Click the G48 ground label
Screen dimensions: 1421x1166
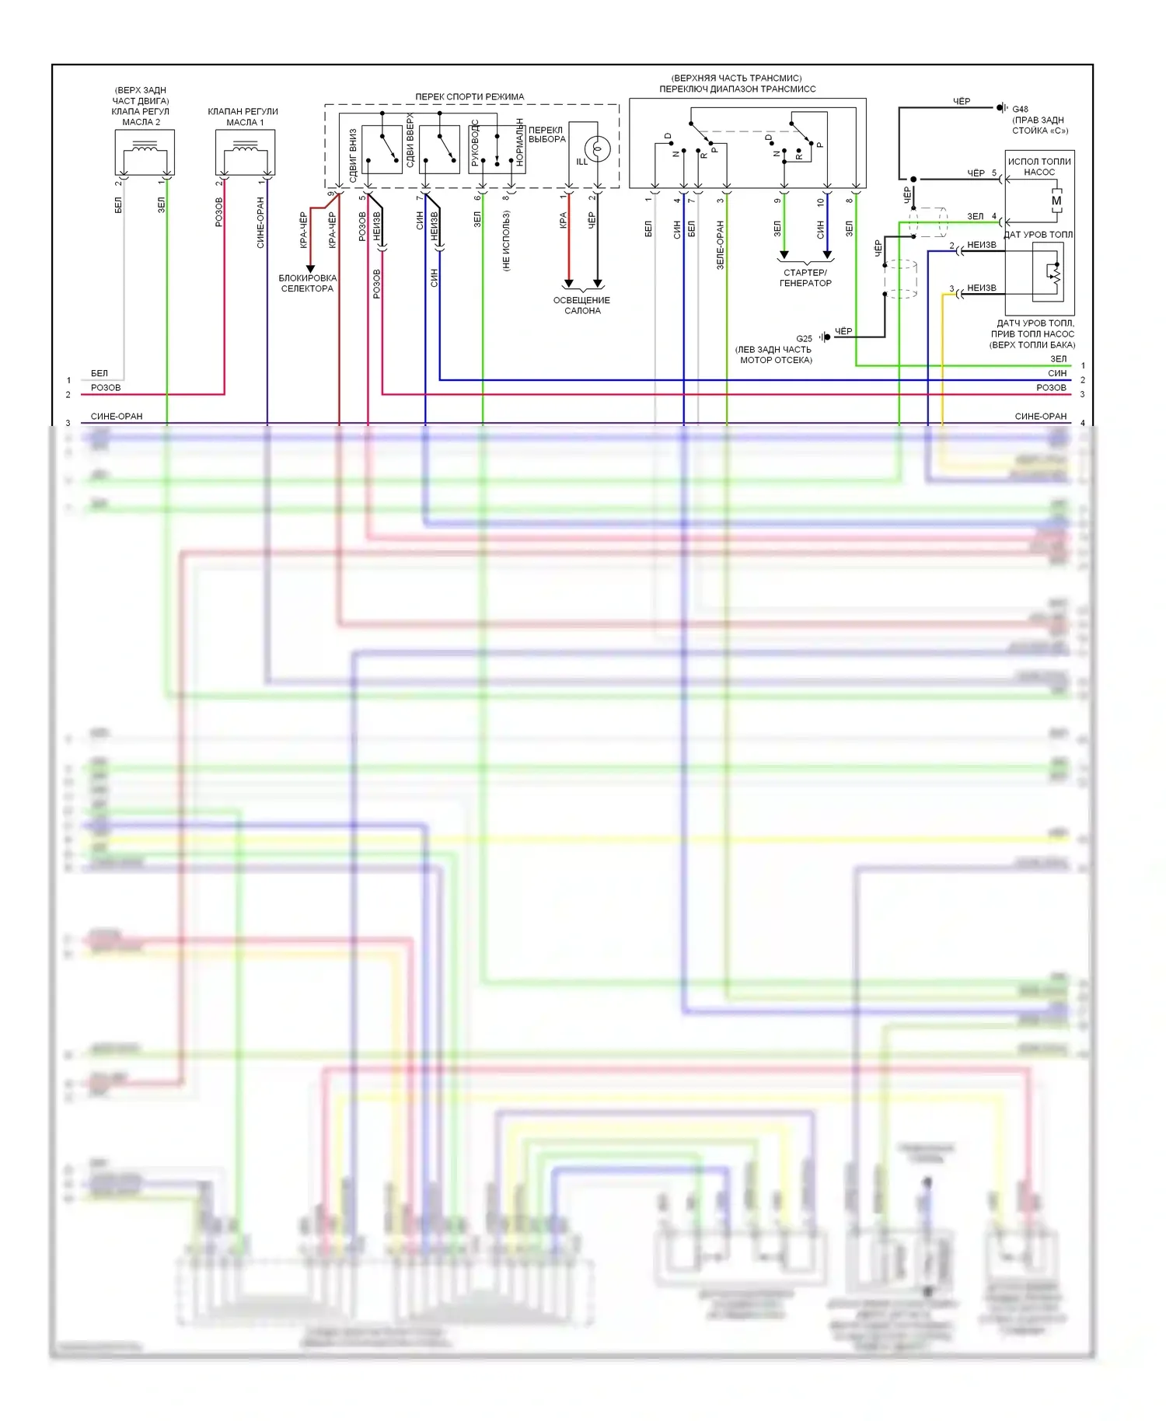pyautogui.click(x=1020, y=109)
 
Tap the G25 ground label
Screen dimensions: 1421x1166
pyautogui.click(x=804, y=338)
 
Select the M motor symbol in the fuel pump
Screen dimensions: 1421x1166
pyautogui.click(x=1056, y=201)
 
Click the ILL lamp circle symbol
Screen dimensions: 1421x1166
pyautogui.click(x=597, y=148)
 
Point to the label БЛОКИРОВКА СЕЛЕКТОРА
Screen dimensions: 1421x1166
pyautogui.click(x=307, y=283)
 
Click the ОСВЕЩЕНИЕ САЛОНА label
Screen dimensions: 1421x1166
pyautogui.click(x=581, y=305)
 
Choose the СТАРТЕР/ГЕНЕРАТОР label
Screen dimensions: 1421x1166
pyautogui.click(x=805, y=278)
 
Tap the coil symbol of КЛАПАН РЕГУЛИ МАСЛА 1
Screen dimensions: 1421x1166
pyautogui.click(x=246, y=146)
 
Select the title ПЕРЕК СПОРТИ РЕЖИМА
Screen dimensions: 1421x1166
pyautogui.click(x=470, y=96)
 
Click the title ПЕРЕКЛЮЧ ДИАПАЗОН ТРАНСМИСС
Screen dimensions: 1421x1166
pyautogui.click(x=737, y=89)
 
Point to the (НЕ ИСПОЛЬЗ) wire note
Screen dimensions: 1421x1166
pyautogui.click(x=506, y=241)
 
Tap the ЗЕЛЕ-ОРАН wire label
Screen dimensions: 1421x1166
pyautogui.click(x=720, y=244)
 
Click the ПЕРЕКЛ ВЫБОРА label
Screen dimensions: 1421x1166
pyautogui.click(x=546, y=134)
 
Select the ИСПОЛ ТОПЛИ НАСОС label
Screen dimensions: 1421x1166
pyautogui.click(x=1039, y=166)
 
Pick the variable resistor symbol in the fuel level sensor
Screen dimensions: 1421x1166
pyautogui.click(x=1053, y=274)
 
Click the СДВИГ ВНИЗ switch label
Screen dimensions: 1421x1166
pyautogui.click(x=353, y=155)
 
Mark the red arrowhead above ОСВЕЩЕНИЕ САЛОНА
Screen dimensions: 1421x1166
pyautogui.click(x=568, y=283)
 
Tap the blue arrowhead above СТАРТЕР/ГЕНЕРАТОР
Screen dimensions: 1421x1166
pyautogui.click(x=827, y=254)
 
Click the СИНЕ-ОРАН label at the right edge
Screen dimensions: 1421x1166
pyautogui.click(x=1040, y=416)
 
